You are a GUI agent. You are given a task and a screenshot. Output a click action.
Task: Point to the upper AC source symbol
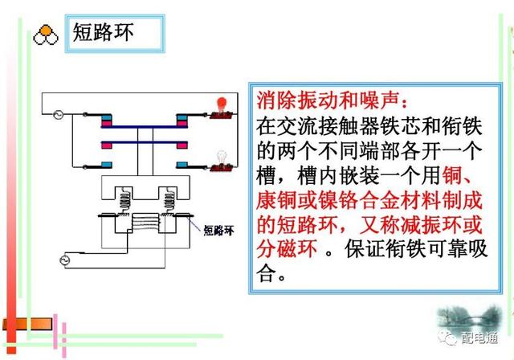tap(57, 114)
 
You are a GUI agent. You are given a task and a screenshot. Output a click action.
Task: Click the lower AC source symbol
tap(67, 260)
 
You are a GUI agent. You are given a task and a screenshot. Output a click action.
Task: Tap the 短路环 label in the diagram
tap(219, 228)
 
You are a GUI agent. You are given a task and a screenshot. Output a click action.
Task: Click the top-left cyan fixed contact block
tap(108, 122)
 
